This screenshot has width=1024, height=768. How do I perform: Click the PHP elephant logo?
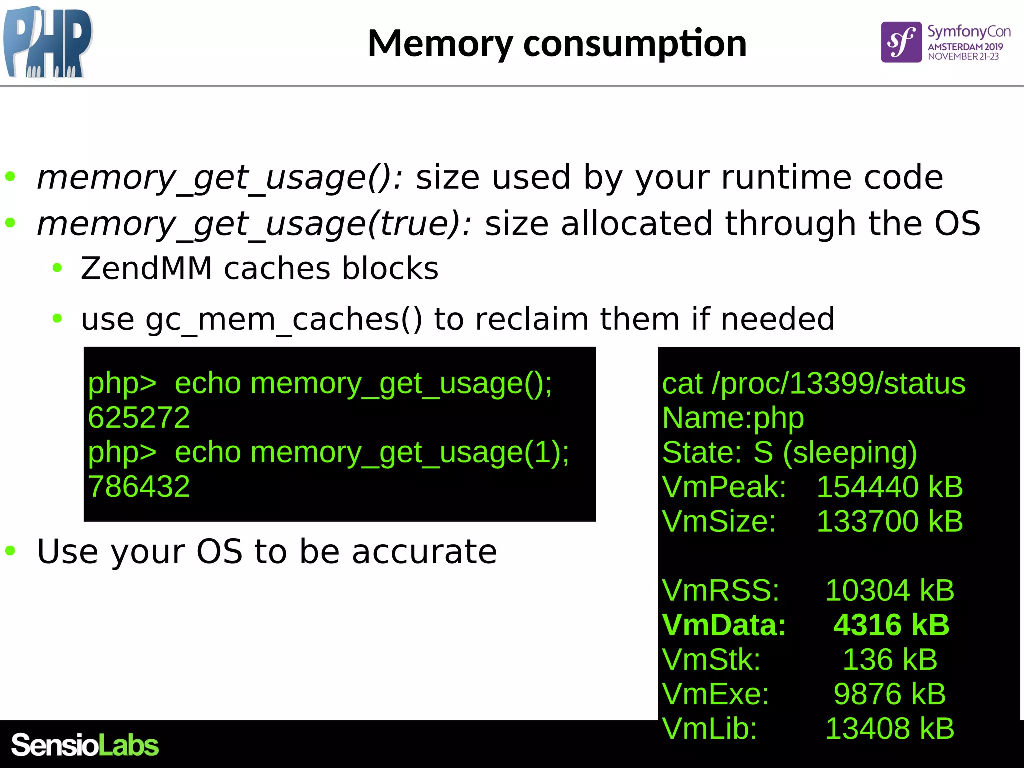pos(47,42)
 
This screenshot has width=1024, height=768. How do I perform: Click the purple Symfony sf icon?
pos(901,42)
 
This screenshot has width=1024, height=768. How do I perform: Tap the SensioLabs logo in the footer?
pos(85,745)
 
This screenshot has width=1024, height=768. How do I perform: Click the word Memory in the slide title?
pos(440,44)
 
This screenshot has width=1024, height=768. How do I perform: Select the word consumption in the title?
pos(635,44)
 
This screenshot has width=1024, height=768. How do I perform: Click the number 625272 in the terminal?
pos(139,417)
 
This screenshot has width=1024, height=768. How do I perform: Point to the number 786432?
pos(139,486)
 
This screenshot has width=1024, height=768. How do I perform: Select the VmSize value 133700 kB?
pos(889,521)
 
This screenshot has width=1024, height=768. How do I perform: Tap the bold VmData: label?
pos(724,625)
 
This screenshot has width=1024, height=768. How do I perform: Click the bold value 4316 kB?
pos(891,625)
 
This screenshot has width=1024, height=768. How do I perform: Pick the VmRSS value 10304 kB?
pos(889,590)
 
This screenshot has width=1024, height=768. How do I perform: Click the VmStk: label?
pos(711,659)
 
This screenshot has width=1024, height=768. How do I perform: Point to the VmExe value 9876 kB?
pos(889,694)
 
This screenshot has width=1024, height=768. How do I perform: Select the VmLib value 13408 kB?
pos(889,728)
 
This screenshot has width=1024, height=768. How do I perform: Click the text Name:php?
pos(733,417)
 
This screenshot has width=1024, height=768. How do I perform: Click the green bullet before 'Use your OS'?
pos(10,551)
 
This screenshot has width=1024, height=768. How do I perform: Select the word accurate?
pos(424,551)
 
